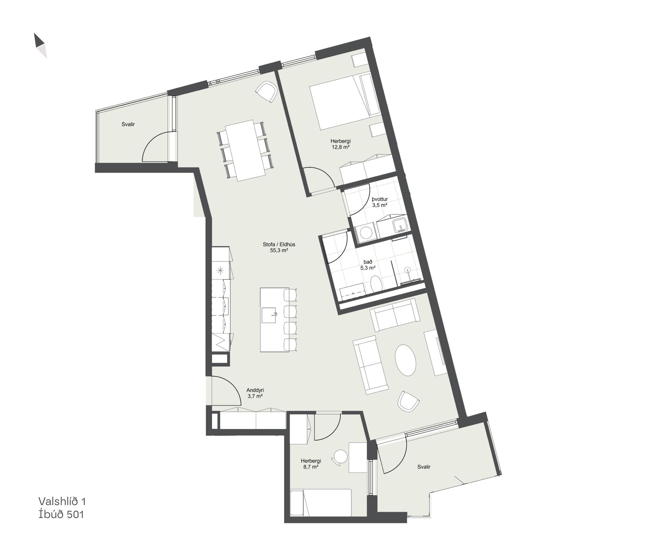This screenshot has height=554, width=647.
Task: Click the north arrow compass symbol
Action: coord(41,46)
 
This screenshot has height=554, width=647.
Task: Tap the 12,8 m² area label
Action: coord(340,147)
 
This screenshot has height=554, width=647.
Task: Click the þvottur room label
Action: coord(380,199)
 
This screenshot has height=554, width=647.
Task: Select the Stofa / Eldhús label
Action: coord(279,244)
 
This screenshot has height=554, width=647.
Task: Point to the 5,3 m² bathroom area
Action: coord(368,268)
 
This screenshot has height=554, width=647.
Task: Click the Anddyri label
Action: coord(255,390)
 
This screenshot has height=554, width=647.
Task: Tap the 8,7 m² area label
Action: coord(311,467)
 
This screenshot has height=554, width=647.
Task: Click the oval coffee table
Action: coord(406,360)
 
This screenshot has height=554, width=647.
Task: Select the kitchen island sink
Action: coord(270,315)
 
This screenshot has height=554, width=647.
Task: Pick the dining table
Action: coord(245,151)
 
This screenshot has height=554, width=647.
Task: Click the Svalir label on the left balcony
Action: coord(128,124)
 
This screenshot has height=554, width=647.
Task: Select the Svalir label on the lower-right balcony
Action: coord(424,467)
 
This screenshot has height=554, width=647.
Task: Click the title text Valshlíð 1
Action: coord(62,501)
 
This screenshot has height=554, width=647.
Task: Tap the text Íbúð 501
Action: coord(62,514)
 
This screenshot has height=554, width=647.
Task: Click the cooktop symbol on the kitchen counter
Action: coord(220,271)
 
